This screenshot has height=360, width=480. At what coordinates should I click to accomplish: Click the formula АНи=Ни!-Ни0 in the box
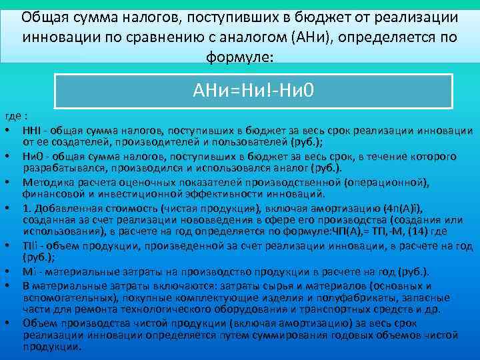click(253, 91)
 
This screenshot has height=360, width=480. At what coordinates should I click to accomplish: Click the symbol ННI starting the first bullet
click(33, 129)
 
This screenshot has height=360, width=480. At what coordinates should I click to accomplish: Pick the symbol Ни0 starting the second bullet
click(33, 156)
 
